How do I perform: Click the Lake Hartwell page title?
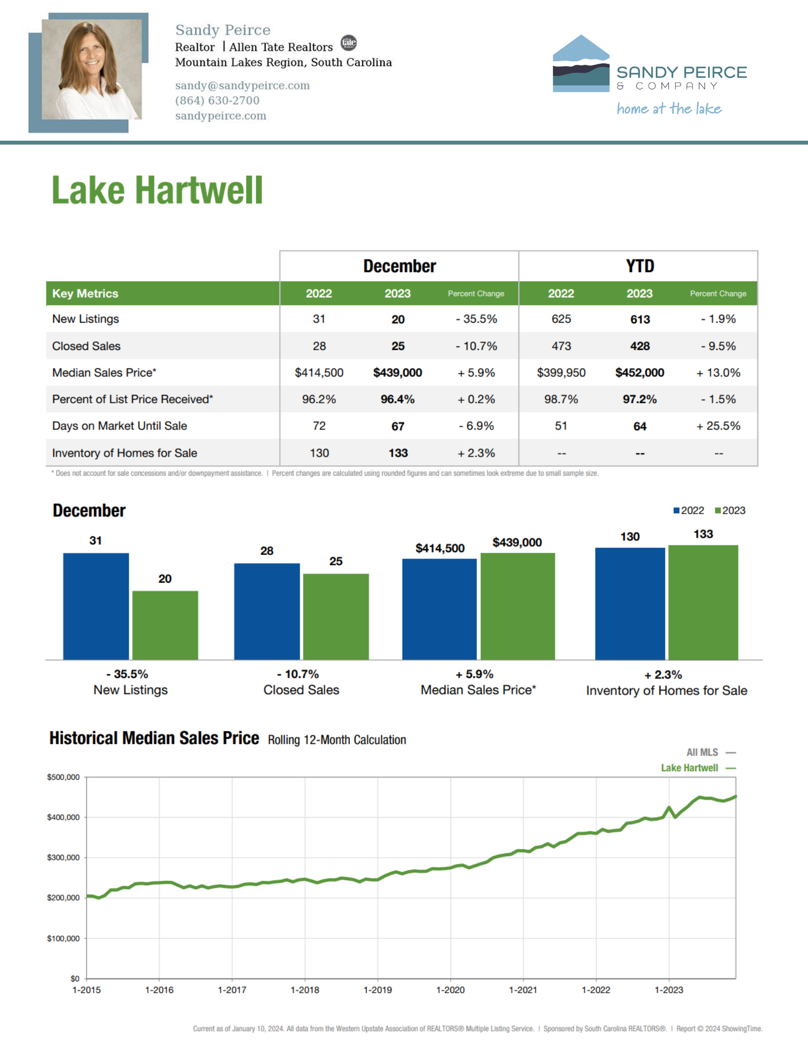pyautogui.click(x=157, y=190)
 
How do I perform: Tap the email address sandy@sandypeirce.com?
pyautogui.click(x=242, y=85)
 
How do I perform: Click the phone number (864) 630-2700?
pyautogui.click(x=217, y=100)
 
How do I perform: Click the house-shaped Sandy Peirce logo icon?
pyautogui.click(x=581, y=63)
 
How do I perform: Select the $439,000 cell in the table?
pyautogui.click(x=397, y=373)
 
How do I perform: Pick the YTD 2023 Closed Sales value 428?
pyautogui.click(x=640, y=346)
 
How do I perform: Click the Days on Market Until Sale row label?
pyautogui.click(x=120, y=426)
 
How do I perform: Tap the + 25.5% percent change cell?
pyautogui.click(x=718, y=426)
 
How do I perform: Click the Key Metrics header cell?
pyautogui.click(x=85, y=293)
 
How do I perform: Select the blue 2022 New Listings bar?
pyautogui.click(x=96, y=606)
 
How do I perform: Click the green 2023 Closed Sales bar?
pyautogui.click(x=336, y=617)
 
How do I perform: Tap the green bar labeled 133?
pyautogui.click(x=703, y=602)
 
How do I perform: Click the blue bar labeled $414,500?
pyautogui.click(x=439, y=609)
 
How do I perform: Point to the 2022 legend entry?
pyautogui.click(x=689, y=510)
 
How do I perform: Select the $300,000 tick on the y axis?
pyautogui.click(x=63, y=858)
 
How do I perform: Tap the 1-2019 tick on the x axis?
pyautogui.click(x=378, y=990)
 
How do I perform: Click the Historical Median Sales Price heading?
pyautogui.click(x=154, y=738)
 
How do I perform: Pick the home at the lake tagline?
pyautogui.click(x=669, y=109)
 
